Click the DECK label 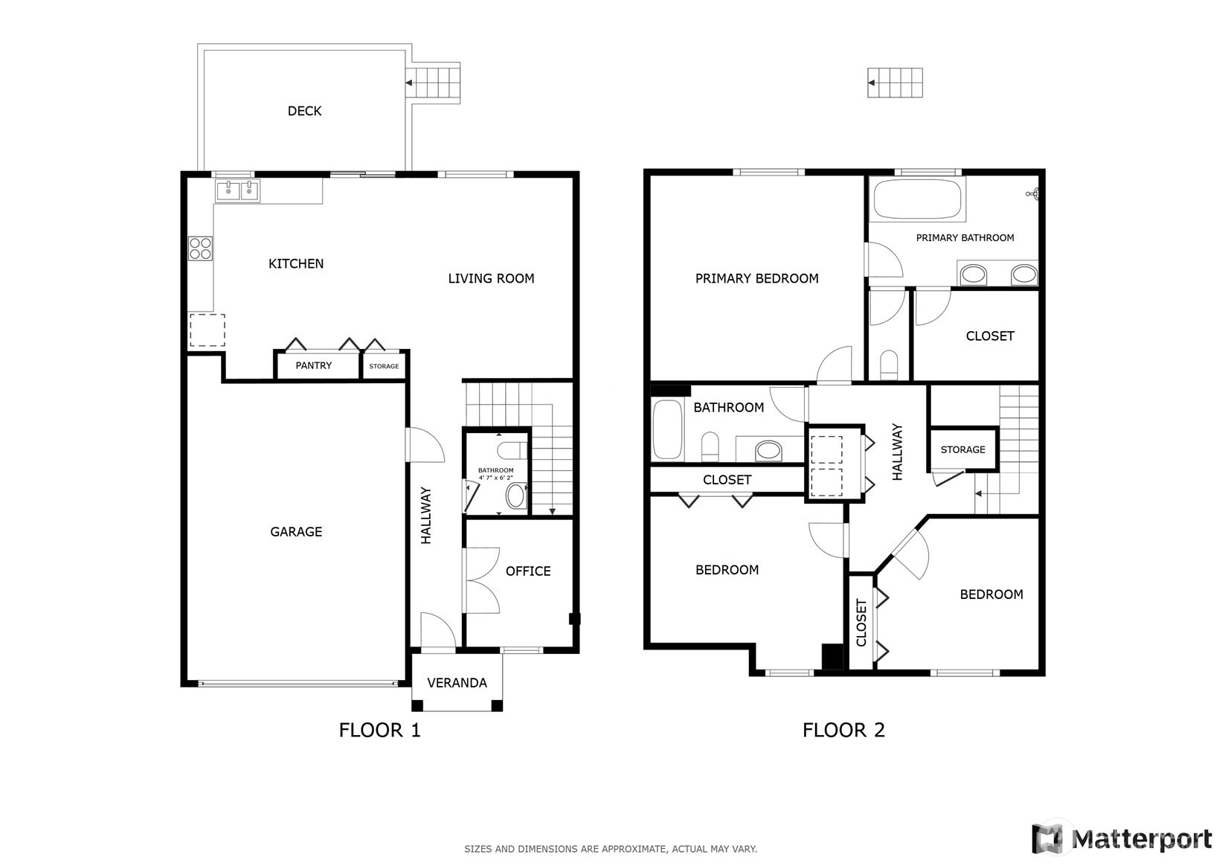[x=305, y=111]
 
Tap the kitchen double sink [x=237, y=191]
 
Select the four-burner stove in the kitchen [x=200, y=248]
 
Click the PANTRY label [x=313, y=365]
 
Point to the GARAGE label [x=296, y=532]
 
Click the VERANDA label [x=457, y=683]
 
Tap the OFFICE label [x=528, y=571]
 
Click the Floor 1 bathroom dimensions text [x=496, y=478]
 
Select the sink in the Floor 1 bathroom [x=515, y=495]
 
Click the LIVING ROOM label [x=491, y=278]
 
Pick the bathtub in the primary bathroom [x=917, y=199]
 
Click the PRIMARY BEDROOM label [x=757, y=278]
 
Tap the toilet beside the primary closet [x=890, y=365]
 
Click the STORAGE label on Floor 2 [x=962, y=449]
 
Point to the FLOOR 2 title [x=843, y=730]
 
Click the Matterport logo [x=1122, y=839]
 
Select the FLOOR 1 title [x=379, y=730]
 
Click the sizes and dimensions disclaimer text [x=611, y=849]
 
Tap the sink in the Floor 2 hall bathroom [x=768, y=451]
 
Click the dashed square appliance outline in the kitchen [x=208, y=330]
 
